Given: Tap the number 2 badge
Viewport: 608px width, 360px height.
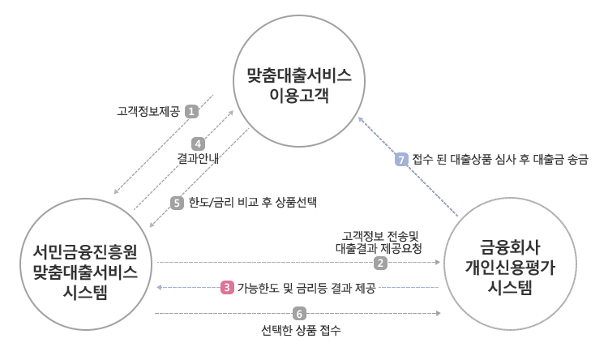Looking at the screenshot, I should (x=380, y=262).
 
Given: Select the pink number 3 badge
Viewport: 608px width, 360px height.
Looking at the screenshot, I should (x=228, y=288).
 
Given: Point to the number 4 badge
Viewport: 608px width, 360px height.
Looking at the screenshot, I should (x=197, y=144).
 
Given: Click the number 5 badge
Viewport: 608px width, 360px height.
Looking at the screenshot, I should (x=178, y=204).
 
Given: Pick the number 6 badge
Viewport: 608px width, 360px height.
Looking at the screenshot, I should (x=300, y=313).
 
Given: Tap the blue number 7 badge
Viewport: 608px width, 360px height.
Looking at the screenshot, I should (x=400, y=160).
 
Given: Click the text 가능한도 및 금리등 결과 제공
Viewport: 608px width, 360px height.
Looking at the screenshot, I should (x=306, y=288).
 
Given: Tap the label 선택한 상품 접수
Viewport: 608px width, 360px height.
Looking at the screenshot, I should (x=301, y=331).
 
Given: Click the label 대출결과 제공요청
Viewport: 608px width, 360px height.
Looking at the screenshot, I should (x=379, y=247).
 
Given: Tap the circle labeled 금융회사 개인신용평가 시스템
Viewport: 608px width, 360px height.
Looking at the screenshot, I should (x=510, y=264).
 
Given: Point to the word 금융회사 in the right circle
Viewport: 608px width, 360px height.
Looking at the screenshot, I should (x=510, y=244).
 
